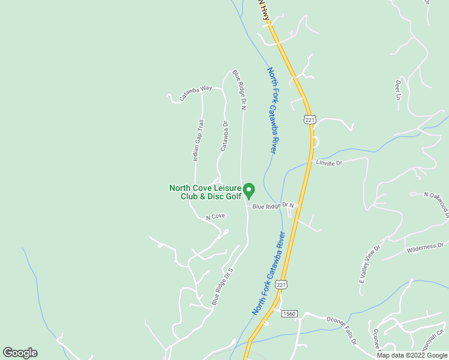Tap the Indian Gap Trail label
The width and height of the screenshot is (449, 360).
click(x=198, y=140)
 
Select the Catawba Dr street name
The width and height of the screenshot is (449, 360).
click(x=223, y=136)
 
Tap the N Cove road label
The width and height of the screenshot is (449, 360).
click(x=215, y=216)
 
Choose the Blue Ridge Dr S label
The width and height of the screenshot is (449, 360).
click(x=221, y=287)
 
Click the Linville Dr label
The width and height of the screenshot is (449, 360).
click(x=329, y=163)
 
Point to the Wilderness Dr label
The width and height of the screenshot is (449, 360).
click(x=424, y=246)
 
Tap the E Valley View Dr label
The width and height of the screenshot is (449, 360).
click(x=370, y=265)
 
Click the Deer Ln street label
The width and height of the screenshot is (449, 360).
click(x=397, y=90)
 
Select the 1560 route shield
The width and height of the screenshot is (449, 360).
click(x=289, y=313)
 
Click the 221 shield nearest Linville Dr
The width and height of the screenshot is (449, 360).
click(x=309, y=120)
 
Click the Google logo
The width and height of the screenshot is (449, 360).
click(x=20, y=353)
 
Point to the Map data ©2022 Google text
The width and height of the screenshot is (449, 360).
click(x=412, y=355)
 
